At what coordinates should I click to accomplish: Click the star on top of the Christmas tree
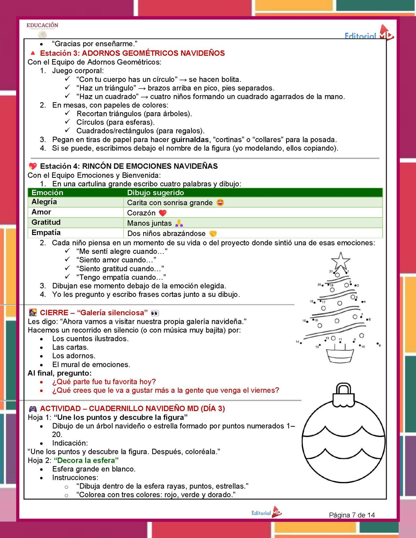(341, 261)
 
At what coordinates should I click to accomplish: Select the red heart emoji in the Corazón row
(163, 213)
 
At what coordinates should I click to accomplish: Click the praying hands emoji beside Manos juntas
(179, 223)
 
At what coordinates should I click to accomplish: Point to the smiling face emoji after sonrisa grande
(220, 203)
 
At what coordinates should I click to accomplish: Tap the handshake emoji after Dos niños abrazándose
(213, 234)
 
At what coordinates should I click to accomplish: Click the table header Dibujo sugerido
(155, 193)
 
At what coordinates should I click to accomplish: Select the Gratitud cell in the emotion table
(46, 222)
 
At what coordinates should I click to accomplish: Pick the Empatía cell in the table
(46, 232)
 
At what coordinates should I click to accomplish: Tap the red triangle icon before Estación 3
(33, 53)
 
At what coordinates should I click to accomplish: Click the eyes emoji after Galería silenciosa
(155, 313)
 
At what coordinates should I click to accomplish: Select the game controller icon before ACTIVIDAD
(33, 409)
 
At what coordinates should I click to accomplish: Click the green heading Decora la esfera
(86, 460)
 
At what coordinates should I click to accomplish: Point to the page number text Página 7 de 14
(352, 515)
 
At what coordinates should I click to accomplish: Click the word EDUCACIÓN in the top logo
(42, 25)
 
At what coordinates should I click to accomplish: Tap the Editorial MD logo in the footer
(266, 513)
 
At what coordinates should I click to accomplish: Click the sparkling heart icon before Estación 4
(33, 166)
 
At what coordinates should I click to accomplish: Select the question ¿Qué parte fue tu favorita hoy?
(104, 382)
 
